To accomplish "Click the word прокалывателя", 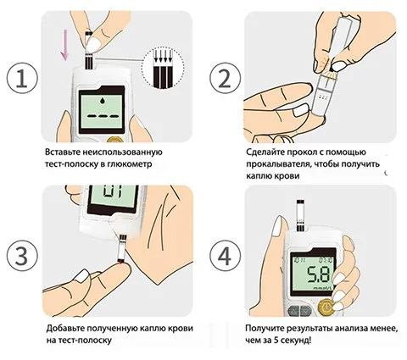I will pyautogui.click(x=283, y=164).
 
